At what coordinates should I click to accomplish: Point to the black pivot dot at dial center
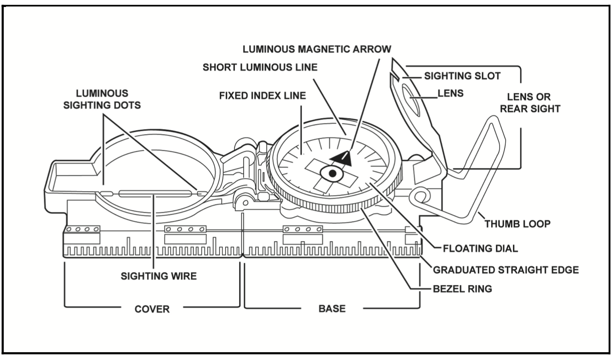point(332,174)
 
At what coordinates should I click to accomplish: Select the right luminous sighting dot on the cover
point(202,192)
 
